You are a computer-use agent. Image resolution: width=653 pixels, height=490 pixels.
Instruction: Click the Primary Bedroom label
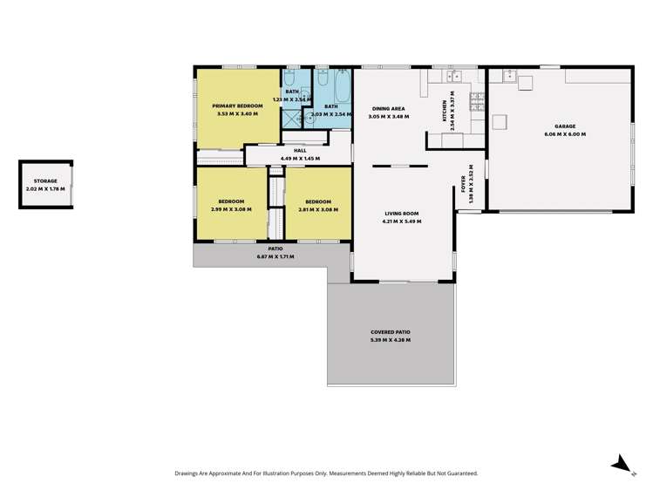(x=235, y=105)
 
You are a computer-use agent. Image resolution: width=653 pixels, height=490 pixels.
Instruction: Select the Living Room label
(x=403, y=214)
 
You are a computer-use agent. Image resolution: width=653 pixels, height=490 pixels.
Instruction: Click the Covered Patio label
(x=390, y=332)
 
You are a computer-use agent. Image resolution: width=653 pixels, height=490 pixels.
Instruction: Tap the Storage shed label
(x=46, y=180)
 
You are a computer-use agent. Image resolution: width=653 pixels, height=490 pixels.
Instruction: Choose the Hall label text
(x=300, y=150)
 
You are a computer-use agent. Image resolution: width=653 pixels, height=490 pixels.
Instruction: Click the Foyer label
(x=464, y=184)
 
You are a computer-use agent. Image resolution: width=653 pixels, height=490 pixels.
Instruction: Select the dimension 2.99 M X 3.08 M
(x=230, y=209)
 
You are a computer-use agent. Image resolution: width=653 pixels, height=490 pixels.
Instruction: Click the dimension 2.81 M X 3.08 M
(x=317, y=209)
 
